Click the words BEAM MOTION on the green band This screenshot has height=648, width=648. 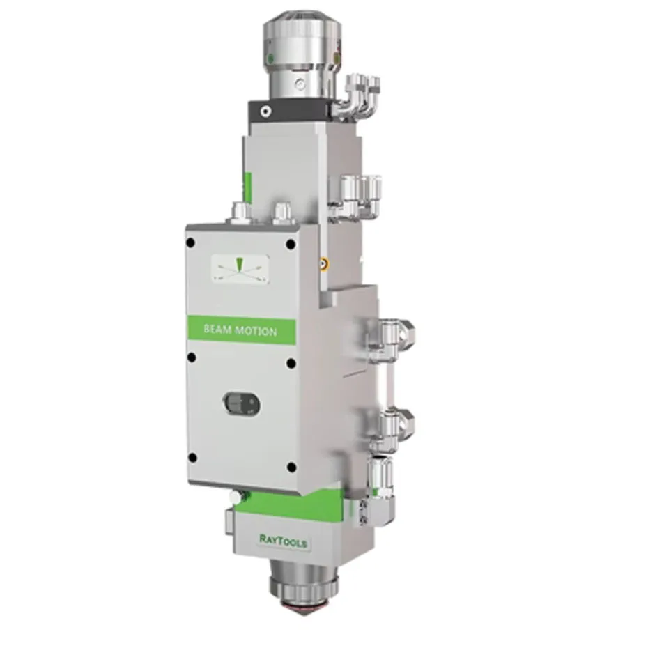(x=240, y=330)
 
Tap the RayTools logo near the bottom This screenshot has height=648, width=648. (x=284, y=541)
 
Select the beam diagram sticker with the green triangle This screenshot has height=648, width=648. (x=240, y=269)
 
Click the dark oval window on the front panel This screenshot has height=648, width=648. (x=241, y=403)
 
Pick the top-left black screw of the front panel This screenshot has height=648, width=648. (x=190, y=242)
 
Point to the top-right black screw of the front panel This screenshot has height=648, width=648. (x=291, y=245)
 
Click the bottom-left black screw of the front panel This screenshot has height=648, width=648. (x=192, y=458)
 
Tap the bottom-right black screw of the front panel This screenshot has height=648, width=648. (x=291, y=468)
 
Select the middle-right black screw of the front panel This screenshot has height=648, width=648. (x=291, y=363)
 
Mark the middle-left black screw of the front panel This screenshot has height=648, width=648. (x=192, y=357)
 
